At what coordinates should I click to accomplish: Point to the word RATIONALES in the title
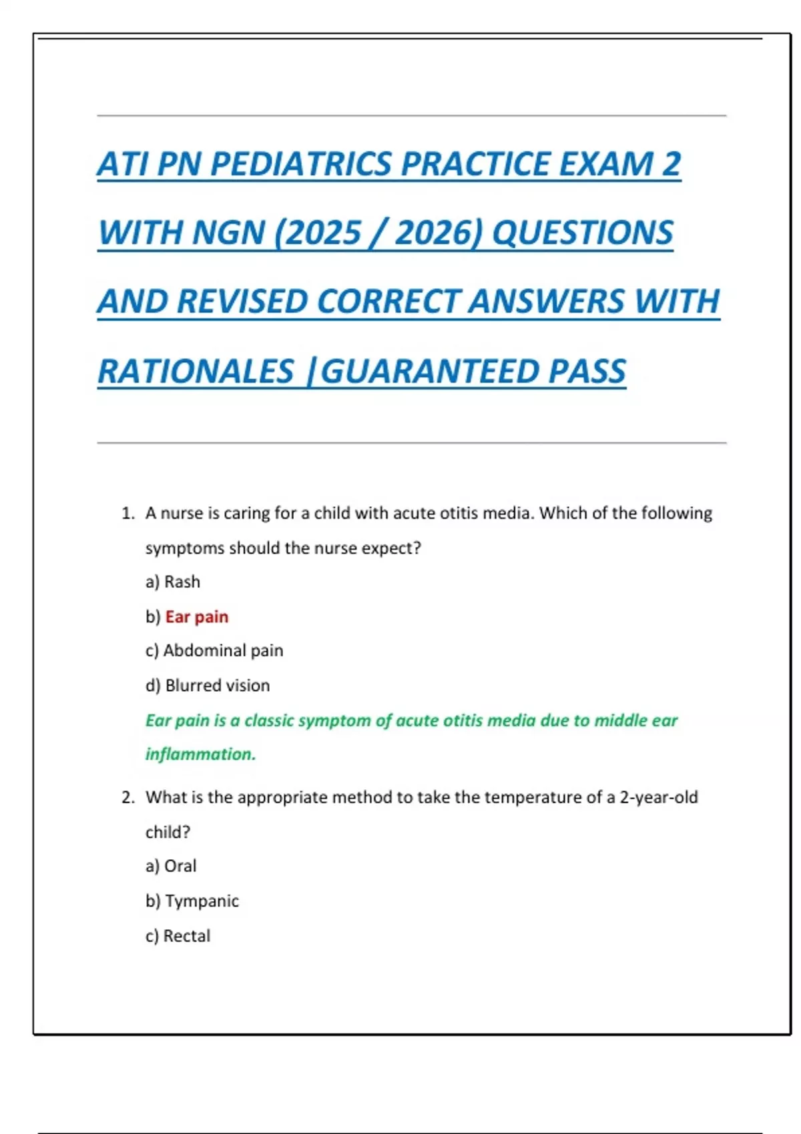click(196, 372)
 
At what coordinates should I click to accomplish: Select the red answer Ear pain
click(196, 616)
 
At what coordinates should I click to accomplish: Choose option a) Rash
click(173, 582)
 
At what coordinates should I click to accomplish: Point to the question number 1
click(127, 513)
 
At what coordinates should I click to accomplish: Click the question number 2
click(127, 797)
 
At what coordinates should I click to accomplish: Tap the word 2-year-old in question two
click(658, 797)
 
